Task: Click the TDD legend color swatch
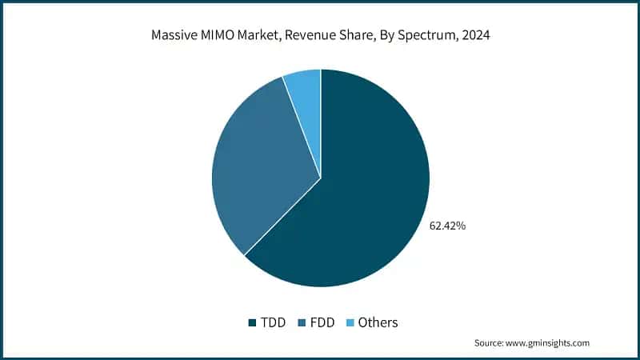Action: (x=252, y=322)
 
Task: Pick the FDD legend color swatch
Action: (x=300, y=322)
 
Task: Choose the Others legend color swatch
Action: (x=348, y=322)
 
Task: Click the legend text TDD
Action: (x=272, y=322)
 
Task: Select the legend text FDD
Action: (x=320, y=322)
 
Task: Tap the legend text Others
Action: (x=378, y=322)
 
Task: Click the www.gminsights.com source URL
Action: (x=550, y=342)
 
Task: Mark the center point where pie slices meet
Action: (x=321, y=178)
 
